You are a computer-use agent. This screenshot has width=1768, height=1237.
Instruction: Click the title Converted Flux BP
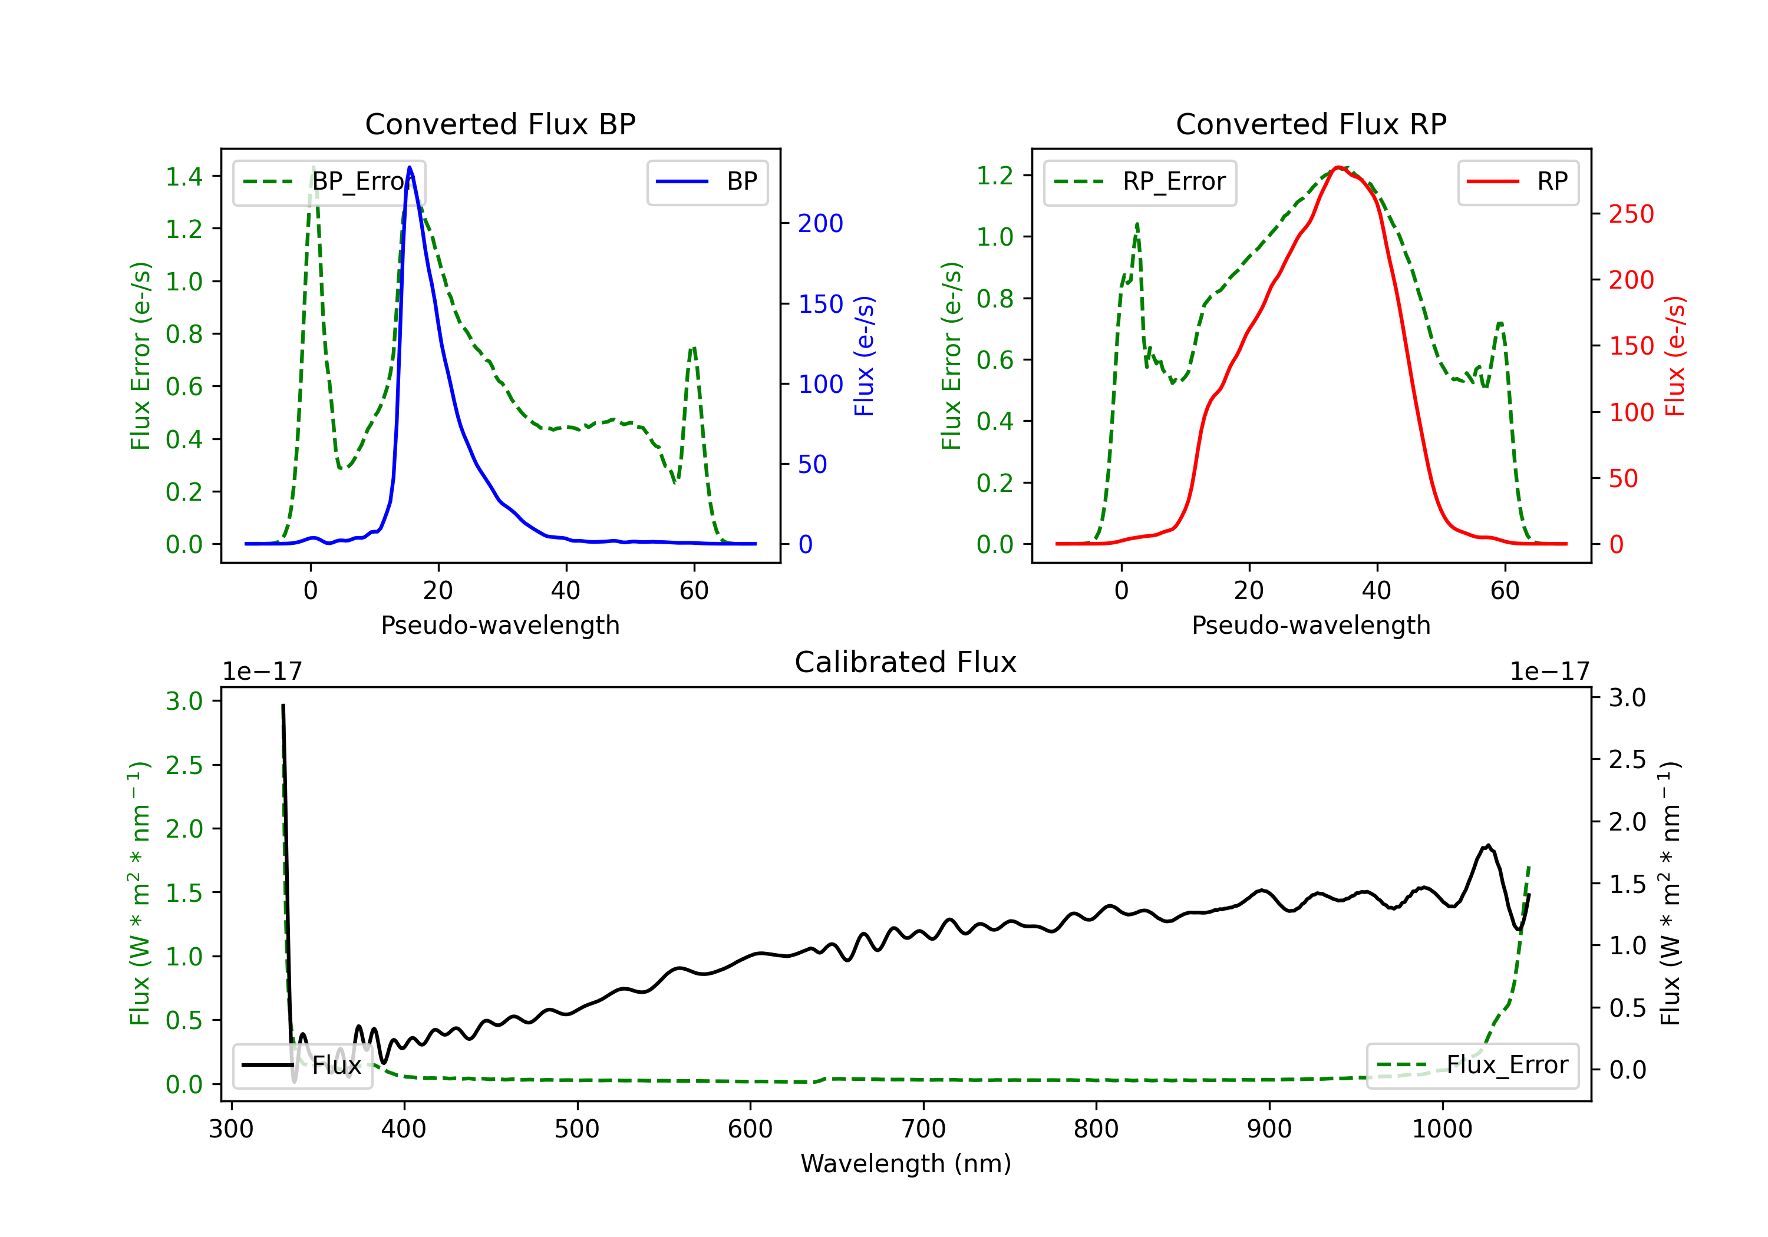click(x=500, y=124)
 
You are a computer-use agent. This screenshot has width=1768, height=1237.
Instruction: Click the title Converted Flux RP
click(x=1311, y=124)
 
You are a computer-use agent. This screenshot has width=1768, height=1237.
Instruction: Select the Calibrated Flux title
click(x=906, y=662)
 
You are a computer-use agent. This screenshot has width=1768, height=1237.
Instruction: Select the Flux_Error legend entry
click(x=1472, y=1066)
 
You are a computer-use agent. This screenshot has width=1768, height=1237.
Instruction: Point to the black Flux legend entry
click(x=303, y=1066)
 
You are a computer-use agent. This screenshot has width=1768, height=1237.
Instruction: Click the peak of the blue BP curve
click(x=410, y=167)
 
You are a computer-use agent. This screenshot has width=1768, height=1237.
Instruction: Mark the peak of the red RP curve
click(x=1338, y=167)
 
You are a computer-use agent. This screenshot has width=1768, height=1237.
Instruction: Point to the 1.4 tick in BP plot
click(x=184, y=177)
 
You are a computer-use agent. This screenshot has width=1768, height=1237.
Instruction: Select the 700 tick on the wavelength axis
click(x=923, y=1129)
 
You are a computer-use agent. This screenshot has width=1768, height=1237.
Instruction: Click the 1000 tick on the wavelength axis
click(x=1442, y=1129)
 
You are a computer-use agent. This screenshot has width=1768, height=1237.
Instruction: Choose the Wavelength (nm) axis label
click(x=906, y=1163)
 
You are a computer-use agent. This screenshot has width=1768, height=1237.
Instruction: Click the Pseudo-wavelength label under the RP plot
click(x=1311, y=625)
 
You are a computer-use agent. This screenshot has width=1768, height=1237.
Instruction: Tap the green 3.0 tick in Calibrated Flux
click(x=184, y=701)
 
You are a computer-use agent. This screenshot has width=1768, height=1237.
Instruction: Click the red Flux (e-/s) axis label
click(x=1675, y=356)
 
